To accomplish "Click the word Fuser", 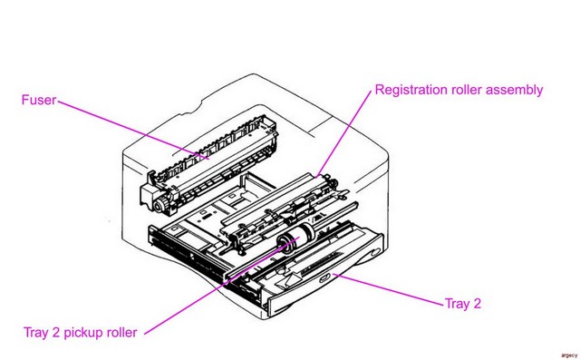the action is point(38,100).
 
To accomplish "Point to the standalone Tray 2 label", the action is point(463,304).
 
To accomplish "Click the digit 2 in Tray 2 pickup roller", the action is point(55,332).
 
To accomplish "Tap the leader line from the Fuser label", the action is point(133,130).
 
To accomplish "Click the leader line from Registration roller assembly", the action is point(344,133).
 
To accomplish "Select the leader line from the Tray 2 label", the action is point(388,289).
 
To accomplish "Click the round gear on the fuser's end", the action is point(160,205).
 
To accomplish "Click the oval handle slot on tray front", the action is point(325,277).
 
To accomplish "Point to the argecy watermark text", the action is point(569,355).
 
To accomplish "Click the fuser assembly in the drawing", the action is point(209,165).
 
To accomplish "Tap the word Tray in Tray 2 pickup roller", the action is point(36,333).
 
